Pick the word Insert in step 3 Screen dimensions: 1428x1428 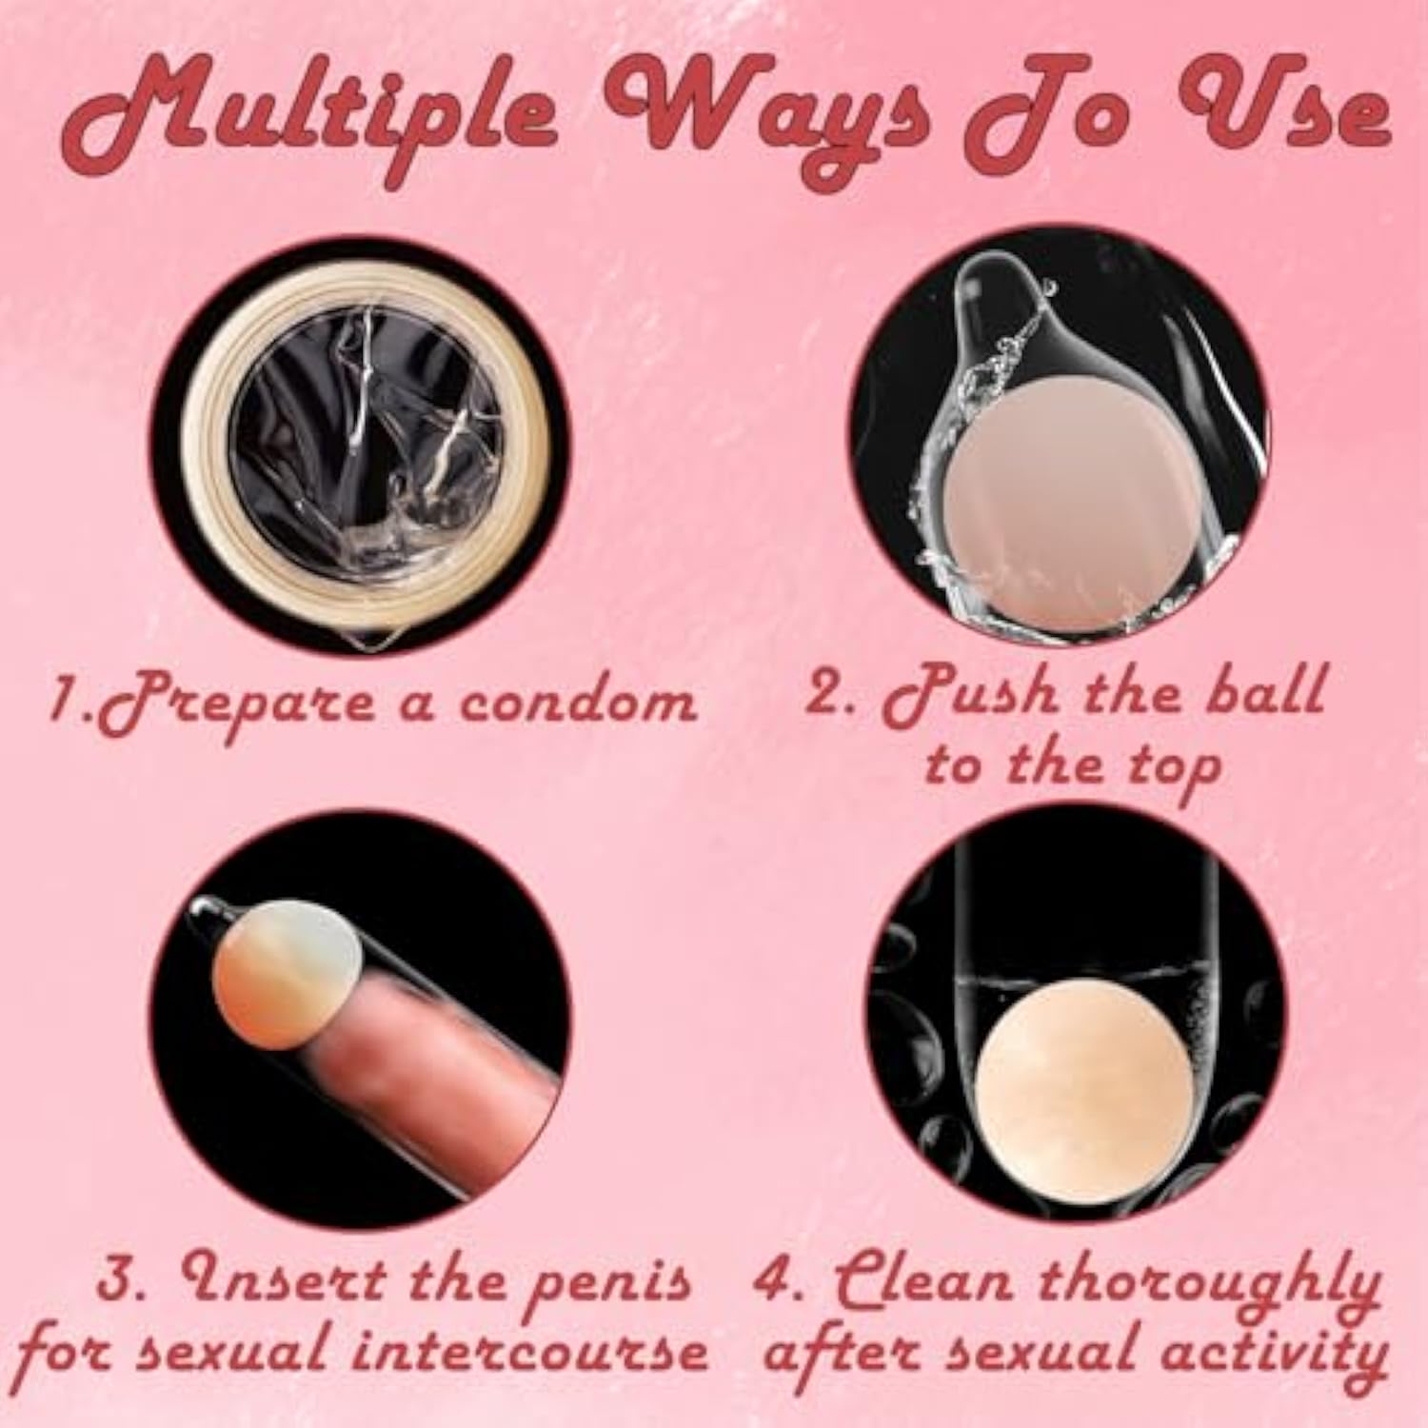click(289, 1279)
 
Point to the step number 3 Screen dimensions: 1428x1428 click(124, 1279)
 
